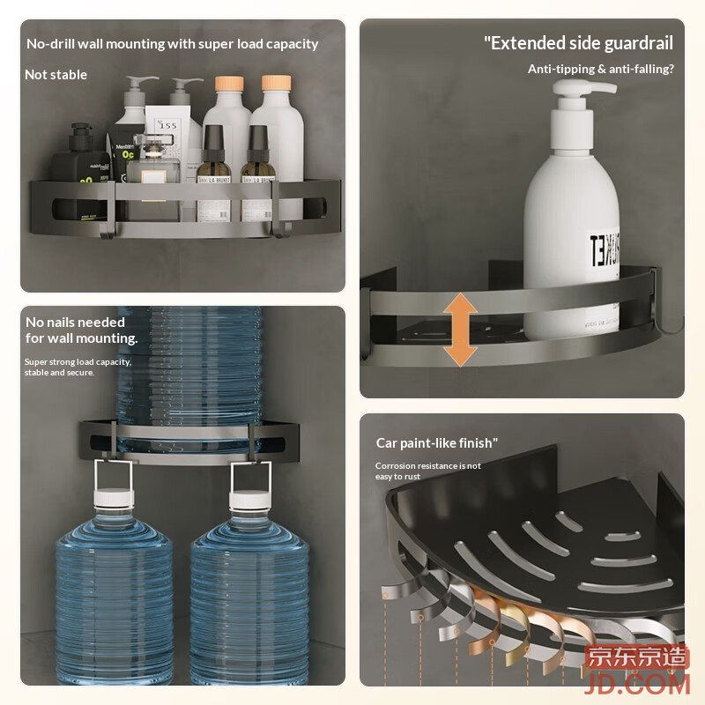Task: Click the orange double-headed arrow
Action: point(460,330)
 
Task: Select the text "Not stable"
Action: point(56,75)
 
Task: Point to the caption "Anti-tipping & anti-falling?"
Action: point(600,69)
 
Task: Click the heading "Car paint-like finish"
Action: point(436,443)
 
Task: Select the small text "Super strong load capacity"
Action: point(78,362)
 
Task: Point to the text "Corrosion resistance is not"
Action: point(428,466)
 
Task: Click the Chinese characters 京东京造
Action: point(636,657)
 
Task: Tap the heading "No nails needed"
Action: point(75,323)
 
